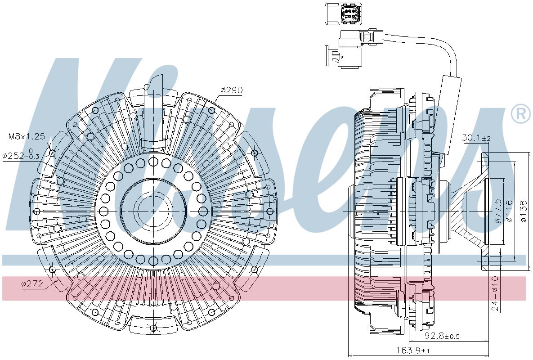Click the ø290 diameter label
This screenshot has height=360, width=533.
pyautogui.click(x=231, y=90)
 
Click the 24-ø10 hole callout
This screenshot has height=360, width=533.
pyautogui.click(x=494, y=293)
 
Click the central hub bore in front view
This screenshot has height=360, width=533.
pyautogui.click(x=154, y=211)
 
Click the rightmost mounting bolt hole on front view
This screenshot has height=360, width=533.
pyautogui.click(x=270, y=211)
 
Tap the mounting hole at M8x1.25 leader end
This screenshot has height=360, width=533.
pyautogui.click(x=52, y=153)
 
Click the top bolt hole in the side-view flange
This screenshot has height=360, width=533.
pyautogui.click(x=484, y=161)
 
